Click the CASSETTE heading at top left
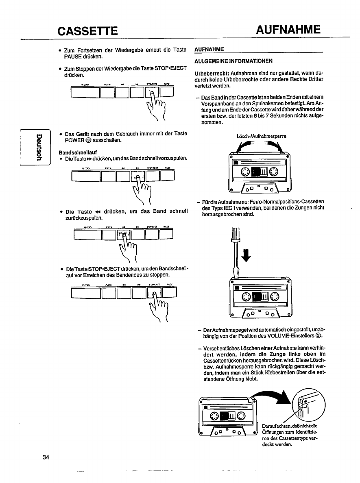[x=88, y=31]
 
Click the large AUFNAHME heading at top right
[x=289, y=30]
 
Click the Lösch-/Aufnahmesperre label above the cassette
[x=259, y=137]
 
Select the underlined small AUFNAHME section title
[x=209, y=50]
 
